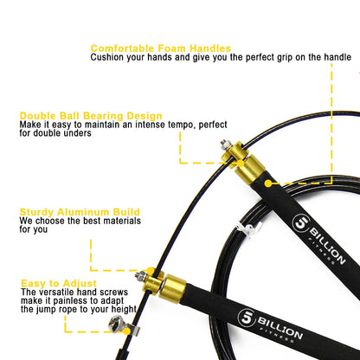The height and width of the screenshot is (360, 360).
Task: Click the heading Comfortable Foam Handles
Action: [x=160, y=48]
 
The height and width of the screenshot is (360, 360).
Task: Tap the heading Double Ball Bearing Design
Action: [x=91, y=115]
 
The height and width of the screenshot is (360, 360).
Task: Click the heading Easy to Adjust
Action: [x=61, y=282]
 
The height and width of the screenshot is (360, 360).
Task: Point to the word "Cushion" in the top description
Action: [x=112, y=57]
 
